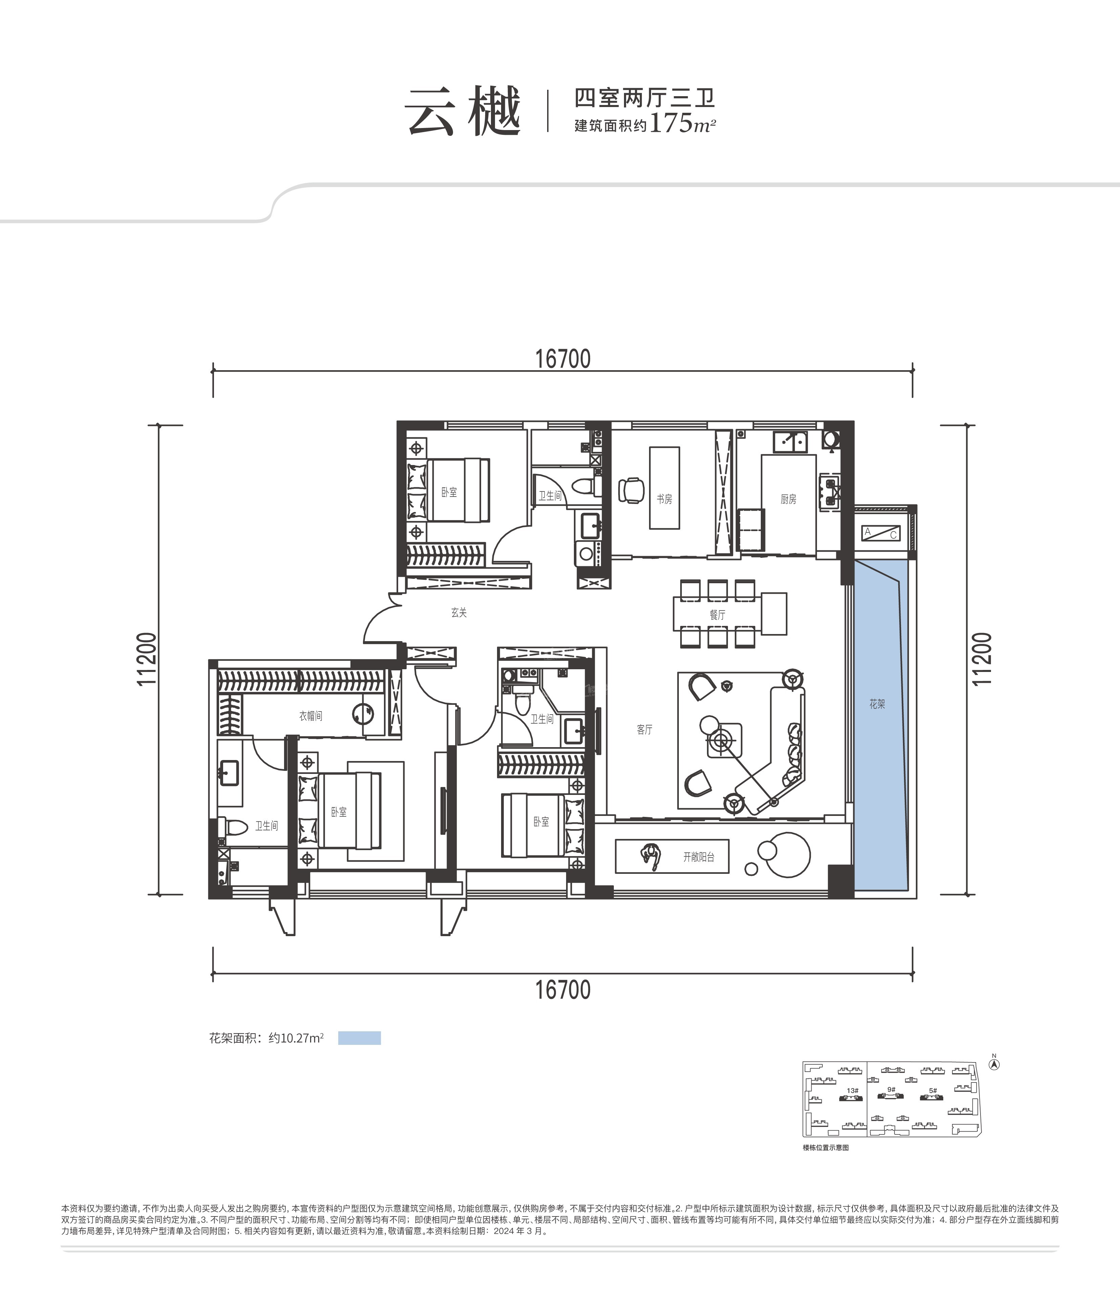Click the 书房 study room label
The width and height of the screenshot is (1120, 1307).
(x=664, y=499)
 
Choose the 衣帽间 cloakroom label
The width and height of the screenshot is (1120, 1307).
(x=310, y=716)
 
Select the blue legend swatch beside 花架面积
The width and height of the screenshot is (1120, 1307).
(x=360, y=1038)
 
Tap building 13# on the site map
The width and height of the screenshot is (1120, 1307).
(x=852, y=1090)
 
